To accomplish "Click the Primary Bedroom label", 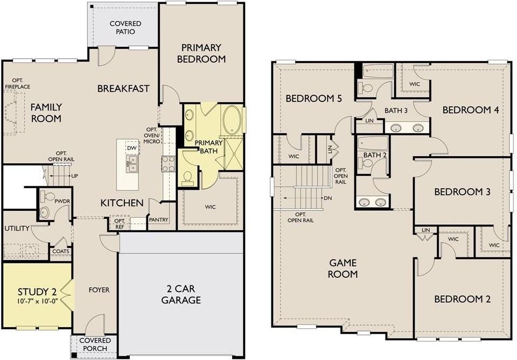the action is click(x=201, y=53).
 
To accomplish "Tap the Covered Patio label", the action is click(x=125, y=27).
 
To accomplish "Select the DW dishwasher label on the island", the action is click(x=131, y=148).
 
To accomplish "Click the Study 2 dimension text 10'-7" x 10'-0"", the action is click(x=37, y=301).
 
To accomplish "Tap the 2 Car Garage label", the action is click(x=181, y=294).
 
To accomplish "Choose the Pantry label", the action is click(x=158, y=219).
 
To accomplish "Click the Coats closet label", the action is click(x=61, y=252).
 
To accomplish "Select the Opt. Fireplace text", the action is click(x=17, y=84).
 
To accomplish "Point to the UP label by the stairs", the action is click(x=75, y=176).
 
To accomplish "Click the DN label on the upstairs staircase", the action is click(x=328, y=198).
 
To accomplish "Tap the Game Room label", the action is click(x=343, y=268).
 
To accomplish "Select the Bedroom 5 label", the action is click(x=313, y=98).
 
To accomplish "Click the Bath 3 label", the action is click(x=396, y=110).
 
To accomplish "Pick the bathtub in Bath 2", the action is click(x=373, y=143).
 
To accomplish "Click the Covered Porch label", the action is click(x=95, y=344).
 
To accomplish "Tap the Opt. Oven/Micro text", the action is click(x=152, y=135).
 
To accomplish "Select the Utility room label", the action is click(x=17, y=229).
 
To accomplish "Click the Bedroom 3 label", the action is click(x=462, y=192).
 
